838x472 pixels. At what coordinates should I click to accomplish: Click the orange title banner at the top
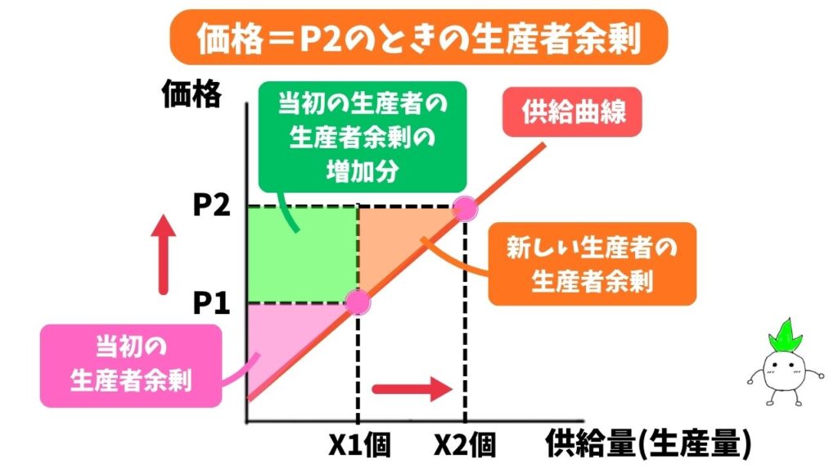(418, 38)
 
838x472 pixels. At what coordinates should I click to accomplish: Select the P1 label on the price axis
(211, 304)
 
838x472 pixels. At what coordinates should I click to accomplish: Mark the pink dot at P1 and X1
(358, 302)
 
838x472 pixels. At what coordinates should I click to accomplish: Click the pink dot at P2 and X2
(464, 206)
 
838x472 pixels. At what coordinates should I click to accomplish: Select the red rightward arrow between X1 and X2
(412, 388)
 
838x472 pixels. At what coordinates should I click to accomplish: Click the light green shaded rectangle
(301, 255)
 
